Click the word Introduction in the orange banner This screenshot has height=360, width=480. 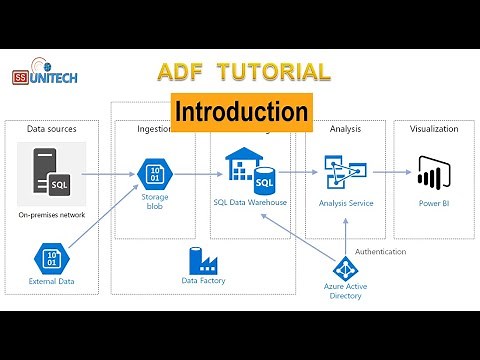tap(241, 111)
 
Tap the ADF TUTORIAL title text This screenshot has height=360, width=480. tap(244, 72)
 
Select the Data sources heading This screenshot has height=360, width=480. tap(51, 129)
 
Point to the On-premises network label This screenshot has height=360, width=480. tap(52, 215)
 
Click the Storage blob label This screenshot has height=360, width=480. tap(155, 202)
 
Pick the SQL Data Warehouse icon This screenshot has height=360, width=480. tap(250, 171)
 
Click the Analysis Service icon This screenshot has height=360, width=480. tap(346, 171)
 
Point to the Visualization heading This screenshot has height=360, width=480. tap(433, 129)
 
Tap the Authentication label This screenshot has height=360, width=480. tap(380, 251)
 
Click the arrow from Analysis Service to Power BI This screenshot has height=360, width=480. tap(393, 172)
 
